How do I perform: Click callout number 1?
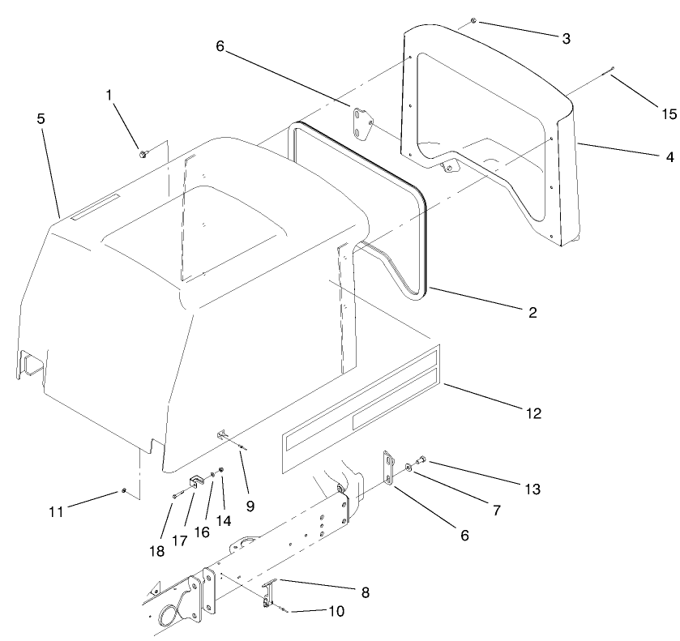pyautogui.click(x=109, y=95)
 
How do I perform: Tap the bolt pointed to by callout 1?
pyautogui.click(x=143, y=152)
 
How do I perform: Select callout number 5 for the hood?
pyautogui.click(x=41, y=118)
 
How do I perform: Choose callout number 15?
pyautogui.click(x=668, y=114)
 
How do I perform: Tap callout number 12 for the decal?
pyautogui.click(x=532, y=413)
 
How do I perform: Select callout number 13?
pyautogui.click(x=531, y=489)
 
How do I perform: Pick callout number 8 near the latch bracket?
pyautogui.click(x=365, y=592)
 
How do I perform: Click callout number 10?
pyautogui.click(x=336, y=611)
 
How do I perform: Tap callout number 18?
pyautogui.click(x=156, y=550)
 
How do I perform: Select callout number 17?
pyautogui.click(x=179, y=540)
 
